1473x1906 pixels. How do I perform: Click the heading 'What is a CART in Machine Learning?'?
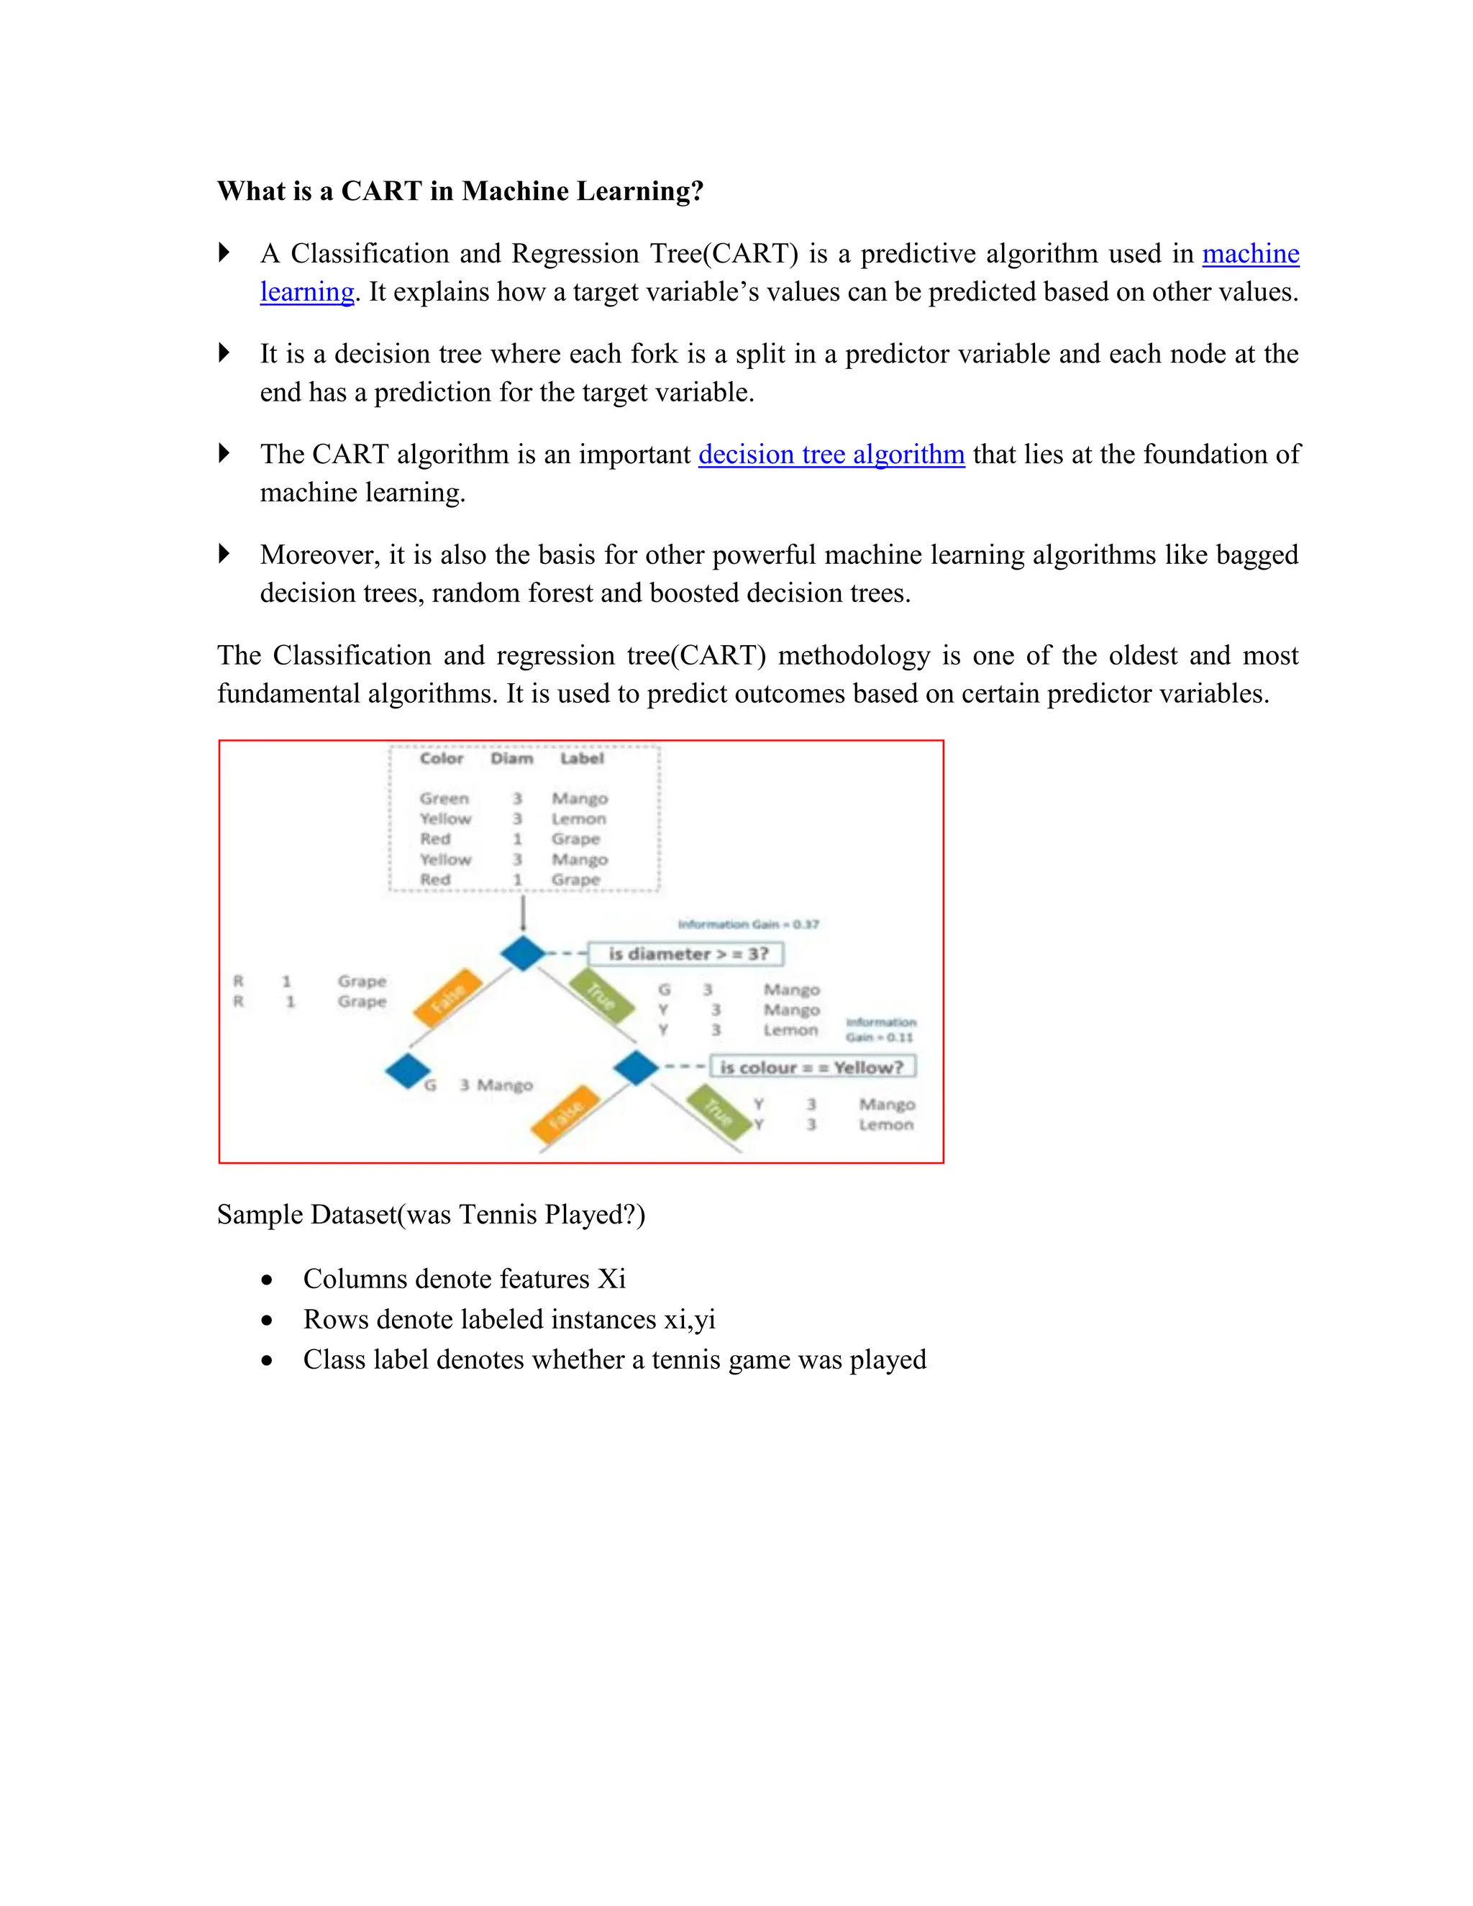click(x=460, y=191)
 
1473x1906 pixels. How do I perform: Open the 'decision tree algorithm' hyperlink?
click(x=831, y=455)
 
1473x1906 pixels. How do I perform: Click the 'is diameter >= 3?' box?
click(x=687, y=954)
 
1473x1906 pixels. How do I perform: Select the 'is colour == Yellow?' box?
click(x=811, y=1067)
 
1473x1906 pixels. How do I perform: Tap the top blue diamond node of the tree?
click(x=523, y=953)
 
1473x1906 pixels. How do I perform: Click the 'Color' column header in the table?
click(x=442, y=758)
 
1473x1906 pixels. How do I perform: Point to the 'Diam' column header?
click(x=511, y=758)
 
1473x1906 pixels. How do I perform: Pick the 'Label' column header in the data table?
click(x=581, y=758)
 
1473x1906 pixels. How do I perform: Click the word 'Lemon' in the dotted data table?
click(x=578, y=819)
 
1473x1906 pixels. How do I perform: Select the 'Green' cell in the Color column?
click(x=443, y=798)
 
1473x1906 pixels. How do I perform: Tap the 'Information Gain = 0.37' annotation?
click(x=748, y=924)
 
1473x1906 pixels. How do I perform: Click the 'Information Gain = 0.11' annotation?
click(x=880, y=1030)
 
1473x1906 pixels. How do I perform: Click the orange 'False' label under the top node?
click(x=447, y=998)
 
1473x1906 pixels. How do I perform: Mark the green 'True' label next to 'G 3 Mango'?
click(x=601, y=995)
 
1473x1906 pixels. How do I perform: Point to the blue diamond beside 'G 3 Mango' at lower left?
click(x=408, y=1071)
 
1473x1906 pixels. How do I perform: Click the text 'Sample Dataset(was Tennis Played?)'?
click(x=431, y=1214)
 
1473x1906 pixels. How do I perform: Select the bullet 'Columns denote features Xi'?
click(x=463, y=1279)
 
